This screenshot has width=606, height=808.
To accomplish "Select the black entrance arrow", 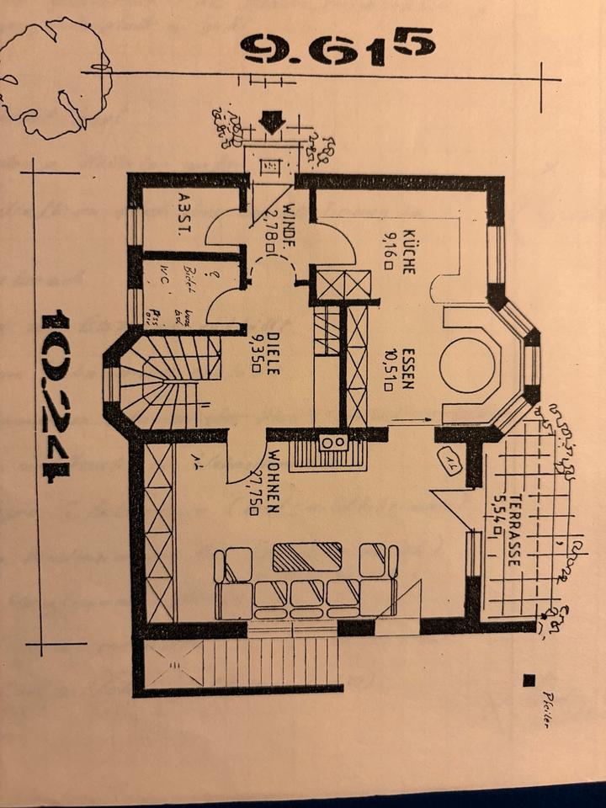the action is pos(271,123).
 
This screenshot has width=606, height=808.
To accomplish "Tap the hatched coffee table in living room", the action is pos(307,556).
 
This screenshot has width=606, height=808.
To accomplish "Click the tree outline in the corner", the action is pos(56,77).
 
